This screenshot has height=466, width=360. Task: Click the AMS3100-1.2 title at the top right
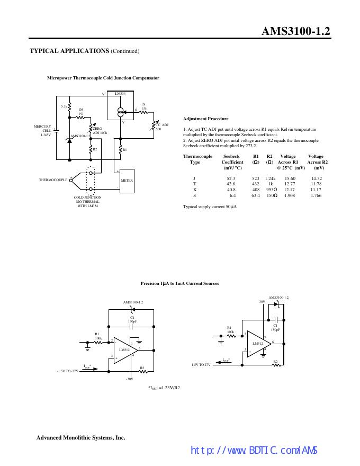pyautogui.click(x=296, y=31)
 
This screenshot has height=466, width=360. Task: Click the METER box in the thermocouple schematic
pyautogui.click(x=127, y=180)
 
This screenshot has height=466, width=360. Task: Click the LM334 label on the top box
pyautogui.click(x=120, y=94)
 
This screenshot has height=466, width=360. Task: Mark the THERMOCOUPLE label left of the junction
pyautogui.click(x=53, y=180)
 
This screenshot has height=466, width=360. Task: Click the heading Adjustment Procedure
pyautogui.click(x=205, y=119)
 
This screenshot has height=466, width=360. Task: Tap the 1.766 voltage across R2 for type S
pyautogui.click(x=316, y=195)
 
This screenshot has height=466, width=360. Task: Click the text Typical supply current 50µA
pyautogui.click(x=210, y=206)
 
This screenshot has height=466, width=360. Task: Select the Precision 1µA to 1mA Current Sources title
pyautogui.click(x=179, y=283)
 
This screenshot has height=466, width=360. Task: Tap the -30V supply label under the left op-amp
pyautogui.click(x=130, y=379)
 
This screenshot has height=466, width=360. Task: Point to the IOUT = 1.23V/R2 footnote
pyautogui.click(x=165, y=387)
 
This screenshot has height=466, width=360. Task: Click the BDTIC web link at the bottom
pyautogui.click(x=254, y=451)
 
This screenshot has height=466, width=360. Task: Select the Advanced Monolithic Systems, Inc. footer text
pyautogui.click(x=80, y=437)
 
